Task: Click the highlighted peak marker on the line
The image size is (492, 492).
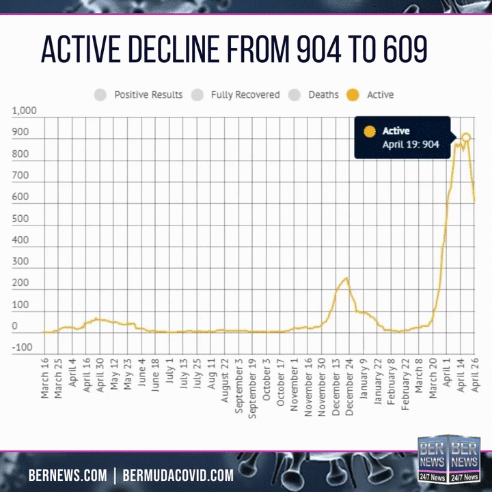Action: (x=465, y=137)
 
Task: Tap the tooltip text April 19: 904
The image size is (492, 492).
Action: (x=410, y=144)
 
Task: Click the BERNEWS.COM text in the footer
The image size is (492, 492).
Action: (x=67, y=475)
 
